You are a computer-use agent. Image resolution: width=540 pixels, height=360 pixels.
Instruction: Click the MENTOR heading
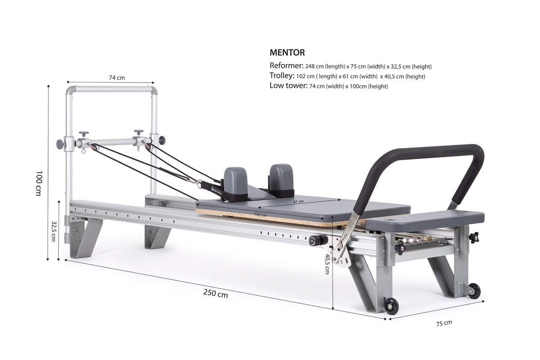coord(287,53)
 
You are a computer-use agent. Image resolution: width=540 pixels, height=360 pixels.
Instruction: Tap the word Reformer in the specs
coord(286,66)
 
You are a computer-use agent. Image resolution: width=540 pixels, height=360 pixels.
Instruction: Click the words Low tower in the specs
coord(289,86)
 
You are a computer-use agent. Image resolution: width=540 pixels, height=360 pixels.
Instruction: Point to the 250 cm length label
coord(215,293)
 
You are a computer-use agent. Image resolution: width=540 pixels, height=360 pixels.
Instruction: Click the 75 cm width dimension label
coord(444,323)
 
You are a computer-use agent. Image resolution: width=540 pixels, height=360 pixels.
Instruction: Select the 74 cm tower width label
coord(117,78)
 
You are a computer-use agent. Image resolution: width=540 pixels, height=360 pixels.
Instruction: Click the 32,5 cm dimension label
coord(54,230)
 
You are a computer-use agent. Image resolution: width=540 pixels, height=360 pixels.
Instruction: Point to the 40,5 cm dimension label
coord(327,264)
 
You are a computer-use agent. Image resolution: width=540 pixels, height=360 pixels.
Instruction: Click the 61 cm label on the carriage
coord(298,201)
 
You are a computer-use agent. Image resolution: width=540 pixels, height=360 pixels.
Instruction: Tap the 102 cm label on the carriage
coord(260,215)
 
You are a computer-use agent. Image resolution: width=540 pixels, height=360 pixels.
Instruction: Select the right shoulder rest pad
coord(281,176)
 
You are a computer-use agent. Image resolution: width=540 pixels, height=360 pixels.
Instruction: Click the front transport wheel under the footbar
coord(391,306)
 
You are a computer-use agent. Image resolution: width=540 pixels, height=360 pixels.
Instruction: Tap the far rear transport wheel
coord(474,291)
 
